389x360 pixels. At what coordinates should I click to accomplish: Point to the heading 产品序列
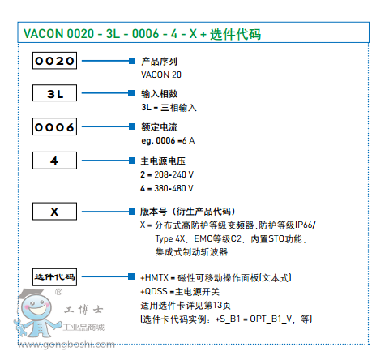pos(159,62)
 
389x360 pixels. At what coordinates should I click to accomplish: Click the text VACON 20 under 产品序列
pos(161,75)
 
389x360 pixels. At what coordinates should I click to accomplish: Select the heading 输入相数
pos(159,94)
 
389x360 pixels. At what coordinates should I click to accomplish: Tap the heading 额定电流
pos(159,127)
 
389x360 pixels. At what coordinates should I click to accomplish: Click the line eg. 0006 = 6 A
pos(168,141)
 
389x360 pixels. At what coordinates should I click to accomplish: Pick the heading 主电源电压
pos(163,161)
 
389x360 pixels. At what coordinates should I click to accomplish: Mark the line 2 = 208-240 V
pos(167,174)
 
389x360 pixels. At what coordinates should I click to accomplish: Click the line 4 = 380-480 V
pos(167,188)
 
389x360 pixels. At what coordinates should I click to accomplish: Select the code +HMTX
pos(154,277)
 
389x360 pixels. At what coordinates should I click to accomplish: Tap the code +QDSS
pos(154,291)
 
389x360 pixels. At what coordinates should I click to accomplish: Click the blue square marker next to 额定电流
pos(132,126)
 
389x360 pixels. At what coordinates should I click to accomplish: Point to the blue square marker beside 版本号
pos(132,212)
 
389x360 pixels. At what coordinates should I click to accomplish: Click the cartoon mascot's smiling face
pos(36,307)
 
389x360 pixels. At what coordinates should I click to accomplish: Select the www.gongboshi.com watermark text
pos(66,345)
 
